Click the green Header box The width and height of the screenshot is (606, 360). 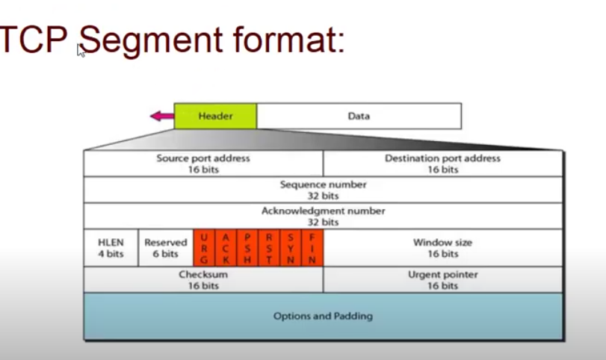point(215,116)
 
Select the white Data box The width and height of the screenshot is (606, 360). point(359,116)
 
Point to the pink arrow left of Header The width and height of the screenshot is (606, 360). point(161,116)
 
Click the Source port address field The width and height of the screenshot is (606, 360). point(203,164)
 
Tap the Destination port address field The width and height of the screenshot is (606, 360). point(442,164)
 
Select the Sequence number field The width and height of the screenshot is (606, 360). point(323,190)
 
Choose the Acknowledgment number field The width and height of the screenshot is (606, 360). point(323,216)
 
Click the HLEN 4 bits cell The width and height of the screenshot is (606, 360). point(111,248)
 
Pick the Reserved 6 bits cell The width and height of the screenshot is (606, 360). point(165,248)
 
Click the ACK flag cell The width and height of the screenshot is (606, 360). point(226,248)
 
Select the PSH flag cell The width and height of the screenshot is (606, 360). point(247,248)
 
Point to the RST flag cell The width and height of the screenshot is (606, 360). point(269,248)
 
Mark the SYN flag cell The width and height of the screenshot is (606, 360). point(291,248)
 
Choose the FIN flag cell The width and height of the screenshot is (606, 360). point(312,248)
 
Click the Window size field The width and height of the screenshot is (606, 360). point(442,248)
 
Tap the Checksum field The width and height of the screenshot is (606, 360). point(203,279)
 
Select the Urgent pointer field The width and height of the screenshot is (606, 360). point(442,279)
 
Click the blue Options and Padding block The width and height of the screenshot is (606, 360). point(323,316)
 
